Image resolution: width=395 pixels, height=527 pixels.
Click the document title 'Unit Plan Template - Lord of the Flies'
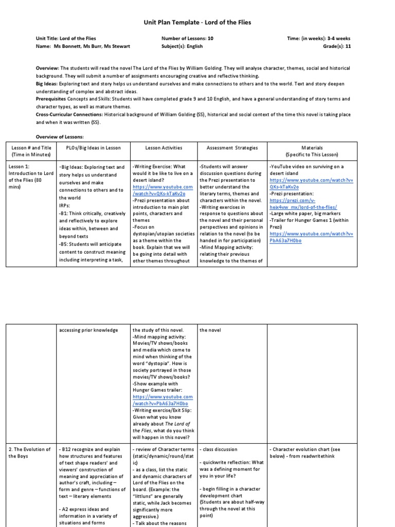tap(197, 23)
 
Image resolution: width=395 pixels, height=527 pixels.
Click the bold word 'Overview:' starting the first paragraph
tap(47, 68)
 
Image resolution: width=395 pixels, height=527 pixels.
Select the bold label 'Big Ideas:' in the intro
tap(47, 83)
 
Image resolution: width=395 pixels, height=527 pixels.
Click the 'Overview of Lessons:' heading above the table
tap(59, 136)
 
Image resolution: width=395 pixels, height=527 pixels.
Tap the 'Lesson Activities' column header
tap(164, 148)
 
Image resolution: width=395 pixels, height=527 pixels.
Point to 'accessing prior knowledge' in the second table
tap(88, 330)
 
